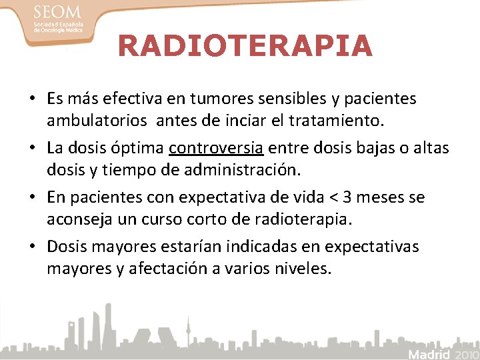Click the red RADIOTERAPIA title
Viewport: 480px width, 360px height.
point(245,46)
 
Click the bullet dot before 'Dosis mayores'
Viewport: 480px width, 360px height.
point(32,247)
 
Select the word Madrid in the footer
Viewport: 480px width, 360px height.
point(429,353)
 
